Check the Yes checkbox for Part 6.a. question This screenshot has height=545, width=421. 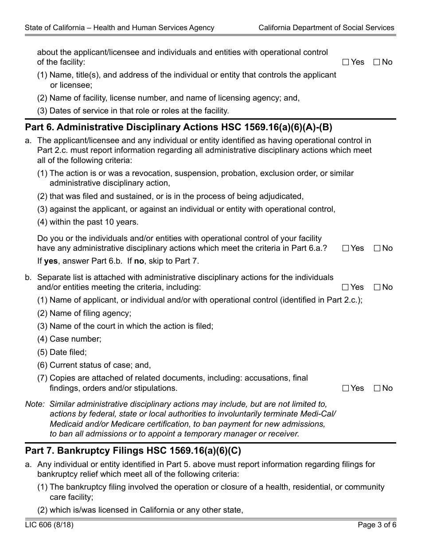(x=346, y=249)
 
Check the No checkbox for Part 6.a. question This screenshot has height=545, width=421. (x=377, y=249)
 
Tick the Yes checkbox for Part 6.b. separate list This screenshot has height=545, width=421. (x=346, y=288)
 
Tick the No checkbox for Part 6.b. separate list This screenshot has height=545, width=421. (x=377, y=288)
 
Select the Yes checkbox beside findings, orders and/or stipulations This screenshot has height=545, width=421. (x=346, y=389)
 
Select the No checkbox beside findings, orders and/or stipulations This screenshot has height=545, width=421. (x=377, y=389)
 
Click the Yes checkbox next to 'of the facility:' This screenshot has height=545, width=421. (x=346, y=62)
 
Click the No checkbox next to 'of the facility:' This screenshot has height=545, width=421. (x=377, y=62)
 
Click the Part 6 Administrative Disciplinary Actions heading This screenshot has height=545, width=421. (x=179, y=128)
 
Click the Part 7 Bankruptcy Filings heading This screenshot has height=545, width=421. (x=133, y=451)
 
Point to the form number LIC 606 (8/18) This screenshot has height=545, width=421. (x=49, y=525)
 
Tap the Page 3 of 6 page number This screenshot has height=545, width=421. (x=377, y=525)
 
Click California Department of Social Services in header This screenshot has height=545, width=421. (x=326, y=27)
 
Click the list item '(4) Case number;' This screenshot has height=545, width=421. (x=69, y=339)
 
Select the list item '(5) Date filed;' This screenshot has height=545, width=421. (x=62, y=352)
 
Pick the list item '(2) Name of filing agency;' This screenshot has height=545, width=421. (x=84, y=313)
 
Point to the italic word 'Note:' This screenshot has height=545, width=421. (x=35, y=404)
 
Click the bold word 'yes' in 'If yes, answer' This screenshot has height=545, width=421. (x=51, y=261)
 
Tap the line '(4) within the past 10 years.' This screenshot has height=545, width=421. (x=88, y=222)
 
